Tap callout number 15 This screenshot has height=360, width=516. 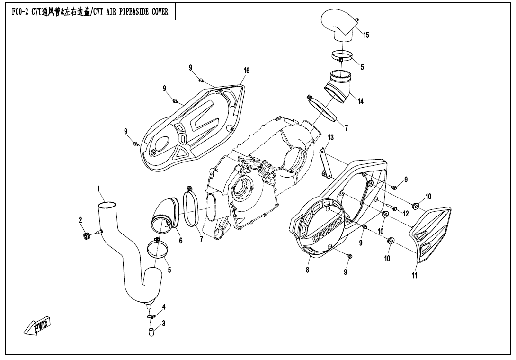366,35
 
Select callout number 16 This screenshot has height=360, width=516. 246,71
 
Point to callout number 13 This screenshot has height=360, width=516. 330,137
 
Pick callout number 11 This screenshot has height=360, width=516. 414,276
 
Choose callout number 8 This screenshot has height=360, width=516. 307,270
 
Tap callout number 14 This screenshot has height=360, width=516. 361,101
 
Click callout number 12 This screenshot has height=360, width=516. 406,214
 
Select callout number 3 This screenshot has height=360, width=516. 163,324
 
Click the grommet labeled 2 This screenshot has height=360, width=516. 87,235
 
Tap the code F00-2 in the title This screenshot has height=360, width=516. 18,12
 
